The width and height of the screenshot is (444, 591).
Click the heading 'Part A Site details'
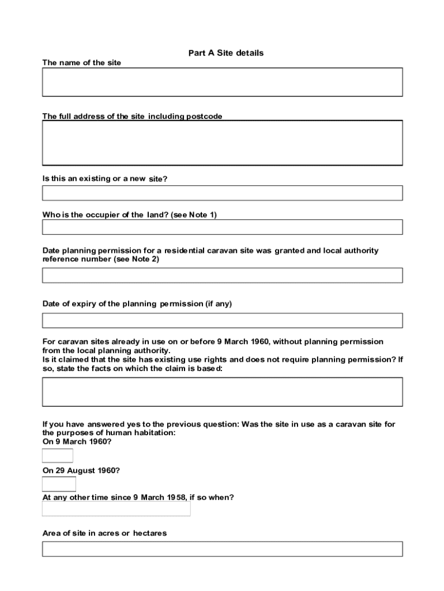point(225,53)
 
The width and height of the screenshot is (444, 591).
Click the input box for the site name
point(222,82)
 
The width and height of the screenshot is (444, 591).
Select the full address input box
point(222,143)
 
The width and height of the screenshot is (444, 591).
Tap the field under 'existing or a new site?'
point(222,193)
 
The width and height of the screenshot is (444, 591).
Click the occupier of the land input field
point(222,227)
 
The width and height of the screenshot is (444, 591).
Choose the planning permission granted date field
point(222,275)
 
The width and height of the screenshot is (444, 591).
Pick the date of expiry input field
point(222,320)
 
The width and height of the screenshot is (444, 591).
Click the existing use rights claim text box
point(222,392)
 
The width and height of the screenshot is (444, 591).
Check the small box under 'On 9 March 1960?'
point(58,455)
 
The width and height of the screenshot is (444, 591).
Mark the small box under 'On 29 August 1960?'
point(59,484)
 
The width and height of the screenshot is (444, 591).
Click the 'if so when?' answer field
point(116,508)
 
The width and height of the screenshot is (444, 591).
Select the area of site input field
point(222,549)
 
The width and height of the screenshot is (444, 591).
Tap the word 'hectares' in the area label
point(150,533)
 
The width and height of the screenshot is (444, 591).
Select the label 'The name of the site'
point(82,63)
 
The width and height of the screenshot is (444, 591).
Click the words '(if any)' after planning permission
point(219,304)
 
